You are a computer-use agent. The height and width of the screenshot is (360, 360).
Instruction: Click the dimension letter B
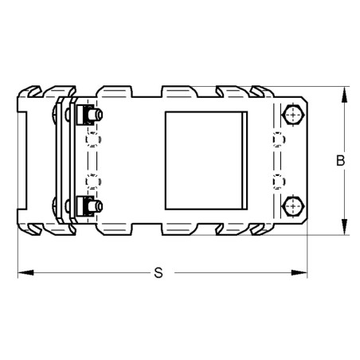click(339, 161)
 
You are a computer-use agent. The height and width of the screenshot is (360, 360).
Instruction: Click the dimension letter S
click(158, 273)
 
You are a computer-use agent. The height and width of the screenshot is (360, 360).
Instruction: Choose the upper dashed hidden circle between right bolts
click(277, 141)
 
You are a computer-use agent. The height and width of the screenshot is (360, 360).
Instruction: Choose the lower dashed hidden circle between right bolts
click(277, 181)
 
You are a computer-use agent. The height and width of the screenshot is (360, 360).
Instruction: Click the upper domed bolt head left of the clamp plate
click(54, 115)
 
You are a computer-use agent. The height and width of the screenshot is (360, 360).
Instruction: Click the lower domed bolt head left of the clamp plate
click(54, 207)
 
